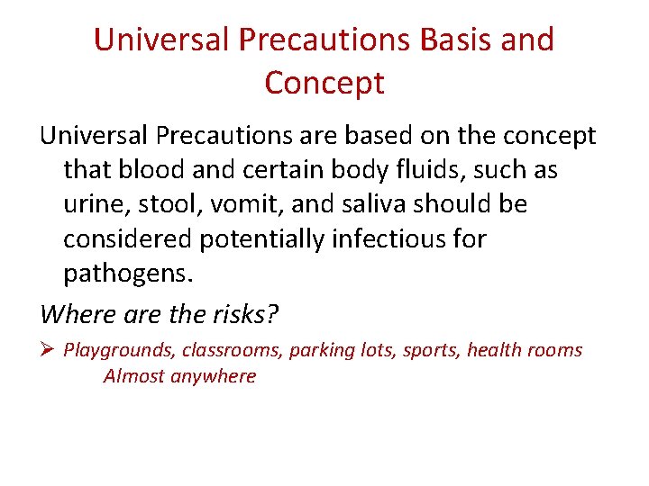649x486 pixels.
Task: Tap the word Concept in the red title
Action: tap(324, 83)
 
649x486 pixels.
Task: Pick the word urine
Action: tap(92, 204)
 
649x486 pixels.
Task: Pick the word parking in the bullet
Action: tap(320, 350)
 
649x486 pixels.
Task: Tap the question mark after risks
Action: tap(273, 314)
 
